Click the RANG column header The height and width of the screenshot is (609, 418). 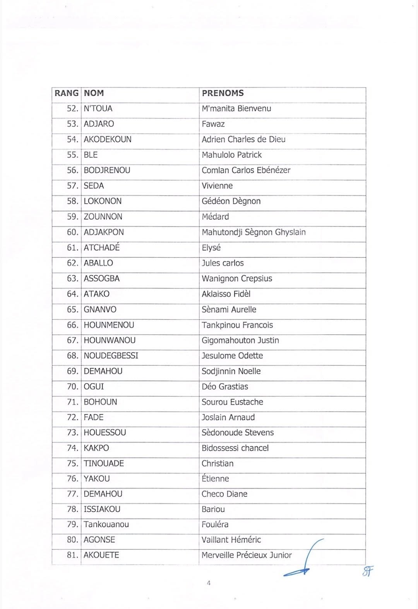(x=67, y=93)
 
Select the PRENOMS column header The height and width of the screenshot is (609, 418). (x=223, y=93)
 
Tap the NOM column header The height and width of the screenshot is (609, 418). (x=94, y=93)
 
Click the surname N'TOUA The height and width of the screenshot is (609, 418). (x=98, y=109)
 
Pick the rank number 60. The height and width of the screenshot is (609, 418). (x=72, y=232)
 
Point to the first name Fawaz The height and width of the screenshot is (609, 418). (x=213, y=124)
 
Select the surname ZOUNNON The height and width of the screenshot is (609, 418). (x=103, y=217)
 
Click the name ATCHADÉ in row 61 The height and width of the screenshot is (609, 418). (x=101, y=248)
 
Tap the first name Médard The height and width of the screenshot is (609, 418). (x=215, y=217)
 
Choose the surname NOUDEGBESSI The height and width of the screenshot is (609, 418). (x=111, y=356)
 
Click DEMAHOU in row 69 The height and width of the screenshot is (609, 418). (x=103, y=371)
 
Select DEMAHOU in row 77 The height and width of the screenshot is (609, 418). (x=103, y=494)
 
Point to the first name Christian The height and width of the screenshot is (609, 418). (x=218, y=463)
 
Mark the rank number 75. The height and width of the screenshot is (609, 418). (x=72, y=463)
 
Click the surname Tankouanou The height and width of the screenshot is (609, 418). (x=106, y=525)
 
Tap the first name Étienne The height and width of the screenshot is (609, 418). (x=215, y=479)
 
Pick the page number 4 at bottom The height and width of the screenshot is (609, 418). (x=209, y=583)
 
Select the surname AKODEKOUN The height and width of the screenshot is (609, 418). (x=108, y=140)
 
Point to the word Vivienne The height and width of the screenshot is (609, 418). (x=217, y=186)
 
